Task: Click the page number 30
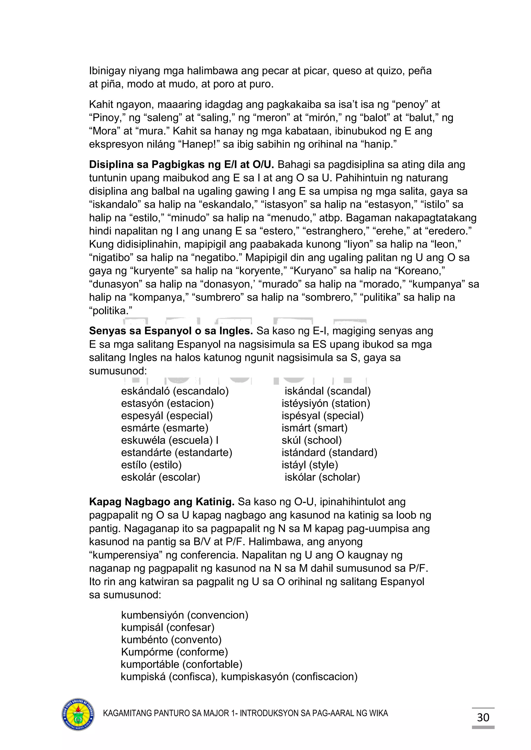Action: pos(483,717)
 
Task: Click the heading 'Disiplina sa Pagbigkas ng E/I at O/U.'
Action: pos(181,165)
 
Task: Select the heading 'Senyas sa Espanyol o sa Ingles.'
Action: pos(171,331)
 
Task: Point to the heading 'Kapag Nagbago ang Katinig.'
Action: pos(162,502)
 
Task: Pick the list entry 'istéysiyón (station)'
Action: pos(326,403)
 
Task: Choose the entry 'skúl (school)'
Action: pos(311,440)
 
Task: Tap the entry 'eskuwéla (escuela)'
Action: pos(167,440)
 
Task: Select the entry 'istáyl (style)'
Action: pos(310,465)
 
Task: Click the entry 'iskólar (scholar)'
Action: pos(322,477)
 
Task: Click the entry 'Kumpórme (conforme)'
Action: pos(174,652)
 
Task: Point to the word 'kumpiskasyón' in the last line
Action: pos(255,676)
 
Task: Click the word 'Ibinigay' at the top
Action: pos(107,71)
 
